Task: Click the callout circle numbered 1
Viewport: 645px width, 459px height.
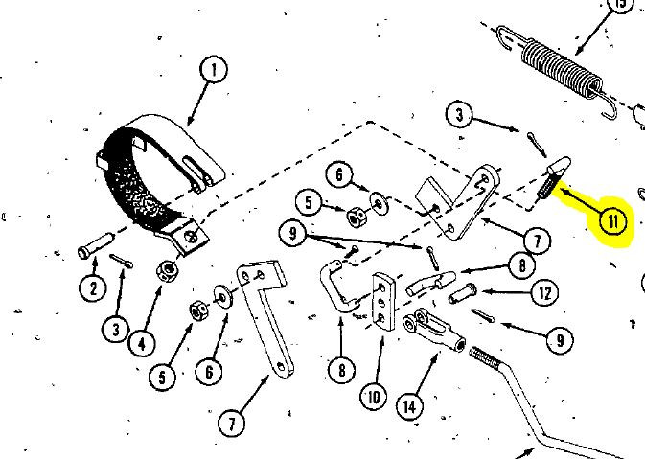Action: [213, 70]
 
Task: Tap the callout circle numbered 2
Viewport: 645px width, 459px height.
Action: [93, 287]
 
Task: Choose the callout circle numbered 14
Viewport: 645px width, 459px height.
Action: [410, 405]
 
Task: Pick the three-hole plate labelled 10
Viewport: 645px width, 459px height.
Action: [383, 300]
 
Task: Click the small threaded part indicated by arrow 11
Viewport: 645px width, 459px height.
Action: [550, 179]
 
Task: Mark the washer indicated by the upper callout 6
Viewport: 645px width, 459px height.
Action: [381, 202]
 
